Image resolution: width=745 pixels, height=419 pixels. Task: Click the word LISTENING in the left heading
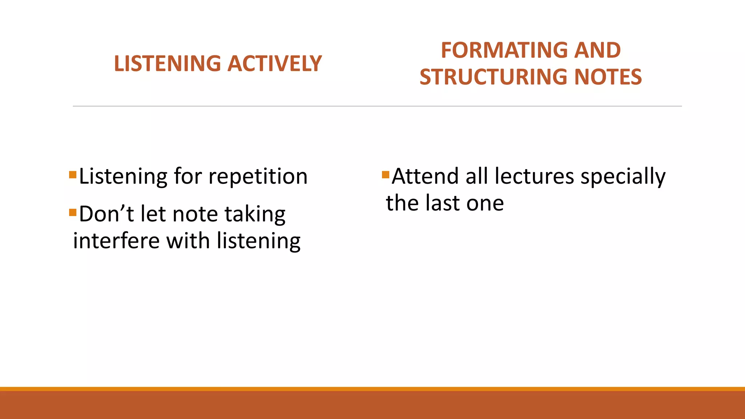tap(167, 64)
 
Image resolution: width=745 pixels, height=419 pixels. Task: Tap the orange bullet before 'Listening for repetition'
tap(73, 175)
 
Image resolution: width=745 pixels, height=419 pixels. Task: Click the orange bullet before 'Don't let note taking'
tap(73, 212)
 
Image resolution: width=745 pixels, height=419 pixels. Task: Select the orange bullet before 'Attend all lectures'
tap(386, 175)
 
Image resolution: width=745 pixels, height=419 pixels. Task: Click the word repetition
tap(258, 177)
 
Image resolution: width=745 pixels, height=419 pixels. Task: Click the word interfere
tap(116, 241)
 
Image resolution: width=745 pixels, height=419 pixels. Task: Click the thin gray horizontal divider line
tap(377, 106)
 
